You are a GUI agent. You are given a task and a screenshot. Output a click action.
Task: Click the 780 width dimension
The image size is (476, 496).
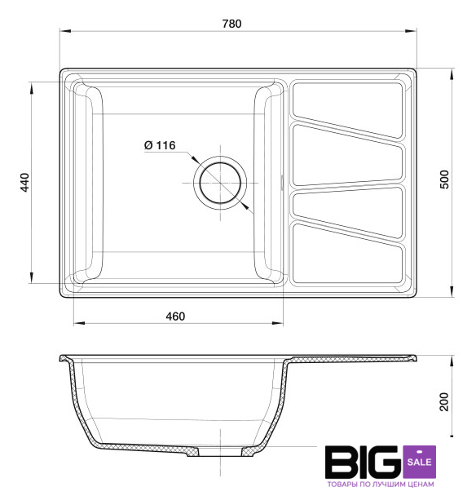tap(231, 24)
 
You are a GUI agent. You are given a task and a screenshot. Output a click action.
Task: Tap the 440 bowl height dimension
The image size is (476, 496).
tap(24, 183)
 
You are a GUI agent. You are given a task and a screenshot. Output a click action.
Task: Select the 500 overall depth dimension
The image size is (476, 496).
tap(444, 179)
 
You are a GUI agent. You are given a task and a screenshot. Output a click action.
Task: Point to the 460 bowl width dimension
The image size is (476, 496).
tap(175, 317)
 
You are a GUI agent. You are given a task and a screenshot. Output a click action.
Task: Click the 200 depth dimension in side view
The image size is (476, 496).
tap(444, 401)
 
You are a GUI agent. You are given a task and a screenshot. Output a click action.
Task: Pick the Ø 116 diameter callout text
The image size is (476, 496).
tap(160, 145)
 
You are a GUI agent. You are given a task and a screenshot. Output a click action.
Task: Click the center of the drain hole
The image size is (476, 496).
tap(220, 183)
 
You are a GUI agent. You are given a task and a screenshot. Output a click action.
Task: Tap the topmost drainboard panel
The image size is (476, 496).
tap(348, 108)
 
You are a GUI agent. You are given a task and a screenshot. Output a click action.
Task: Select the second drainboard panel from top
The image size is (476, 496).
tap(348, 155)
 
